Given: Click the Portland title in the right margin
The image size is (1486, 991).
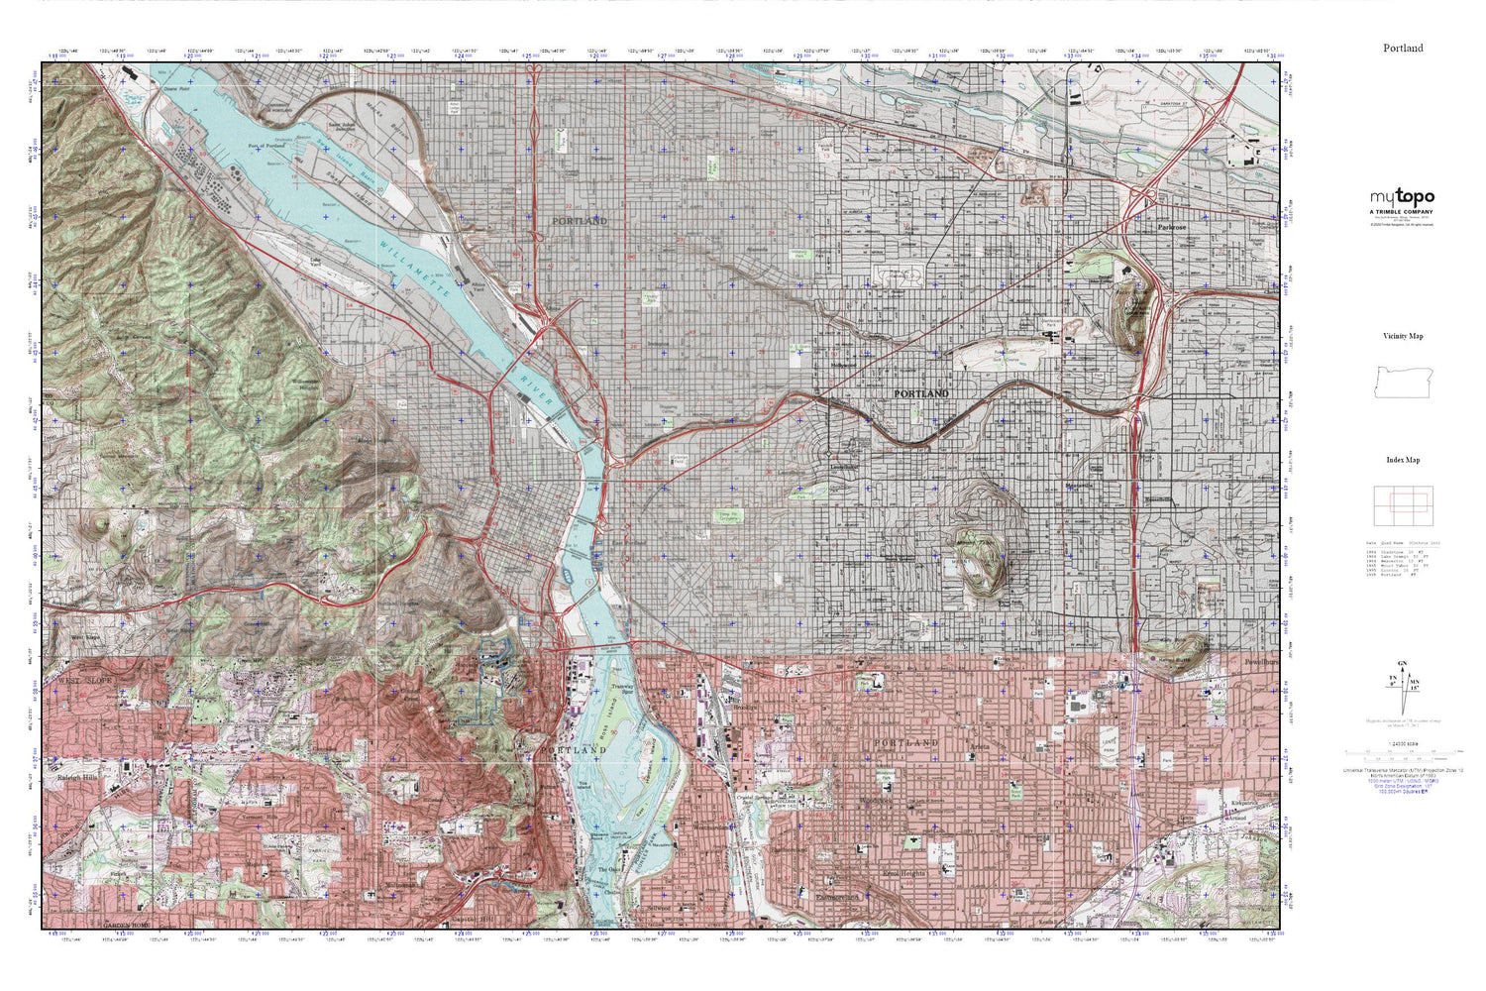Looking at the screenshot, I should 1403,48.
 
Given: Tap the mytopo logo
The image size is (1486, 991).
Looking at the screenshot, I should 1402,197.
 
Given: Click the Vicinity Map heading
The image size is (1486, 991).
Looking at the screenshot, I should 1403,336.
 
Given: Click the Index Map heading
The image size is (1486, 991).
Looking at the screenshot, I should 1403,460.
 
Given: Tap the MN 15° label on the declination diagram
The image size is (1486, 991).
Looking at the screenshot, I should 1414,683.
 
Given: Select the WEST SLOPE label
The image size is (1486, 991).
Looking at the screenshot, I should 85,682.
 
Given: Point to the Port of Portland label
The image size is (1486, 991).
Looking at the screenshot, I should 265,145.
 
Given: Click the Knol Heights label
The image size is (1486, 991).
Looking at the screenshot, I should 902,873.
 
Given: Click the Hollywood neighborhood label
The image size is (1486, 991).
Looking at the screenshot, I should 843,365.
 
